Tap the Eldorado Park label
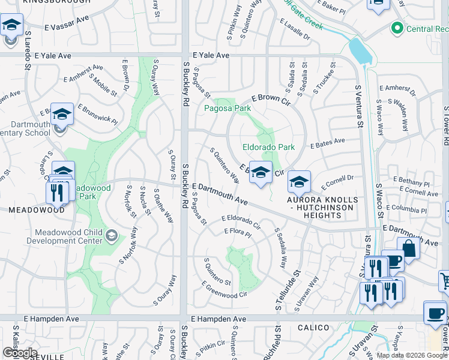click(268, 147)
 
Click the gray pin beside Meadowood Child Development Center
click(112, 235)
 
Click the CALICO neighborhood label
click(313, 328)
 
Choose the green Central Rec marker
click(396, 28)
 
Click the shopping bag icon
click(408, 248)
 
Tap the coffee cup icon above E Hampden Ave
click(435, 312)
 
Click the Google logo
click(20, 353)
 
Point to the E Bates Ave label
click(327, 142)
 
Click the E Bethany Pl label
click(411, 182)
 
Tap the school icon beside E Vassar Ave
click(11, 26)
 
